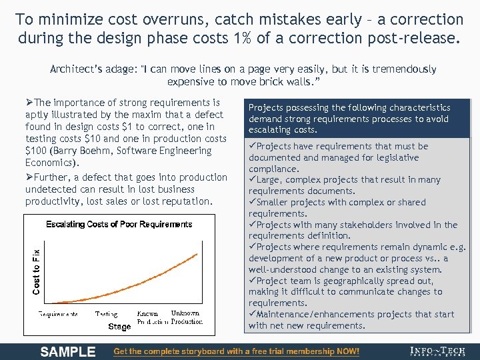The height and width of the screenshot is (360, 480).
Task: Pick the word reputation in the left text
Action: click(182, 201)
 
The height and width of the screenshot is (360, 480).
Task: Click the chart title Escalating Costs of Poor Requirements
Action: click(119, 224)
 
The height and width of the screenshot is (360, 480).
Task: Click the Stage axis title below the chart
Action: click(119, 327)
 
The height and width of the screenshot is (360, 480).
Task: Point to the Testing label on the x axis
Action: click(106, 313)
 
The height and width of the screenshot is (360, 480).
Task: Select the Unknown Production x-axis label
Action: click(186, 317)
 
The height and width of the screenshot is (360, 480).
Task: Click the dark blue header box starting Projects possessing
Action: click(357, 119)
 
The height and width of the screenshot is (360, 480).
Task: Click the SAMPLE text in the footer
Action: click(68, 351)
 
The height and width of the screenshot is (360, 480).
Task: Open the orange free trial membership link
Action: click(237, 351)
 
